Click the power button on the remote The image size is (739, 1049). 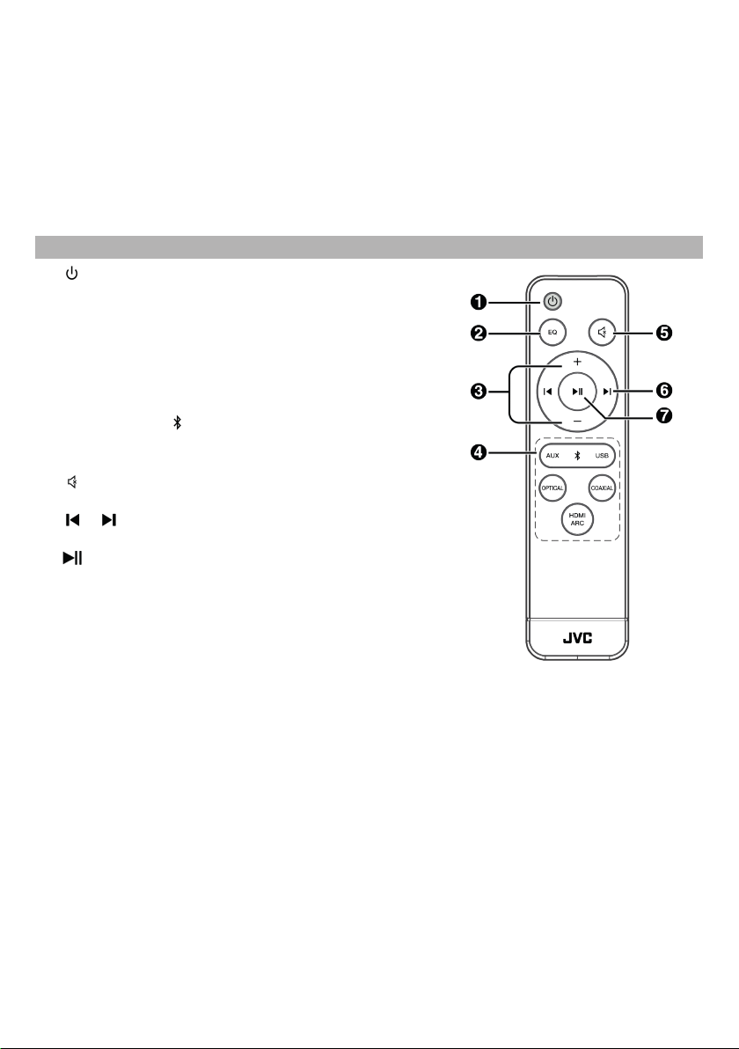click(x=552, y=302)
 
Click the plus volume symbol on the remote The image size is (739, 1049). click(x=577, y=362)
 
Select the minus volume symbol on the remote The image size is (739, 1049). click(x=577, y=422)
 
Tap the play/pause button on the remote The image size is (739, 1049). click(x=577, y=392)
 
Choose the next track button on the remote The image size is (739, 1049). click(x=607, y=392)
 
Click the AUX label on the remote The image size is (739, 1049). click(x=552, y=456)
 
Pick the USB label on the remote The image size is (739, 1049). click(x=602, y=456)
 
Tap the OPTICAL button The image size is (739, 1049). click(x=552, y=486)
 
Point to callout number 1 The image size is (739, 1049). click(x=479, y=302)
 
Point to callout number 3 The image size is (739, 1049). click(x=479, y=392)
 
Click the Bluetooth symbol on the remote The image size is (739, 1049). click(x=577, y=456)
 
